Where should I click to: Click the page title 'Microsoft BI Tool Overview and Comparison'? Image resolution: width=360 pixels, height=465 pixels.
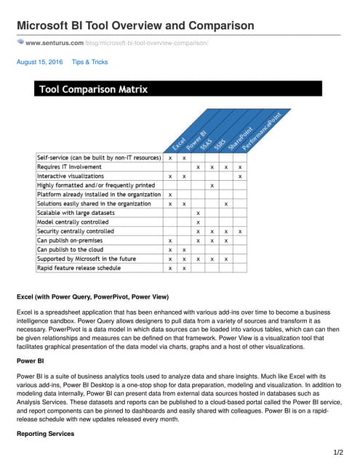(135, 26)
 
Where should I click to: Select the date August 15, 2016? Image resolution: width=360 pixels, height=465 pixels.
(40, 62)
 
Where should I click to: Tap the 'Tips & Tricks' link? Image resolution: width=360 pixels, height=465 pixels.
(89, 62)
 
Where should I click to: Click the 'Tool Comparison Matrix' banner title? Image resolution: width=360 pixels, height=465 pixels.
(93, 89)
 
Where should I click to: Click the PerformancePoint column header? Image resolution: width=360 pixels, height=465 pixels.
(251, 129)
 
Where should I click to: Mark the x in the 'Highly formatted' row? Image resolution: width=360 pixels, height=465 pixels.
(212, 185)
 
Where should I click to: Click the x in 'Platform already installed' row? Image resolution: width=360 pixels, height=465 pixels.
(170, 195)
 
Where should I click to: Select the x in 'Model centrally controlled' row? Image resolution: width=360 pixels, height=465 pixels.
(198, 222)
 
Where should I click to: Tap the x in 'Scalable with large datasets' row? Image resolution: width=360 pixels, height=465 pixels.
(198, 213)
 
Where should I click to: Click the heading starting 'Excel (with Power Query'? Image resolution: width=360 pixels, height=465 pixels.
(93, 296)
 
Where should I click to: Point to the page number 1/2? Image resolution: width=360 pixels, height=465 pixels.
(337, 453)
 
